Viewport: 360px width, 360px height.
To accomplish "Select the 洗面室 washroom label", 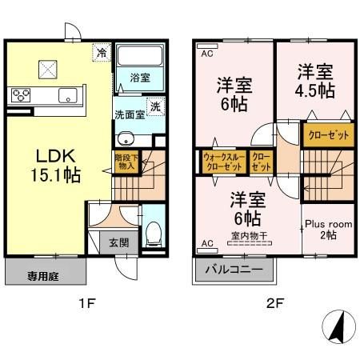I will (x=129, y=114).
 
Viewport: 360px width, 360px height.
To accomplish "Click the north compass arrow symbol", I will (x=338, y=327).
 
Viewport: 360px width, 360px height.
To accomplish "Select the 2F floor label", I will (x=275, y=304).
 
